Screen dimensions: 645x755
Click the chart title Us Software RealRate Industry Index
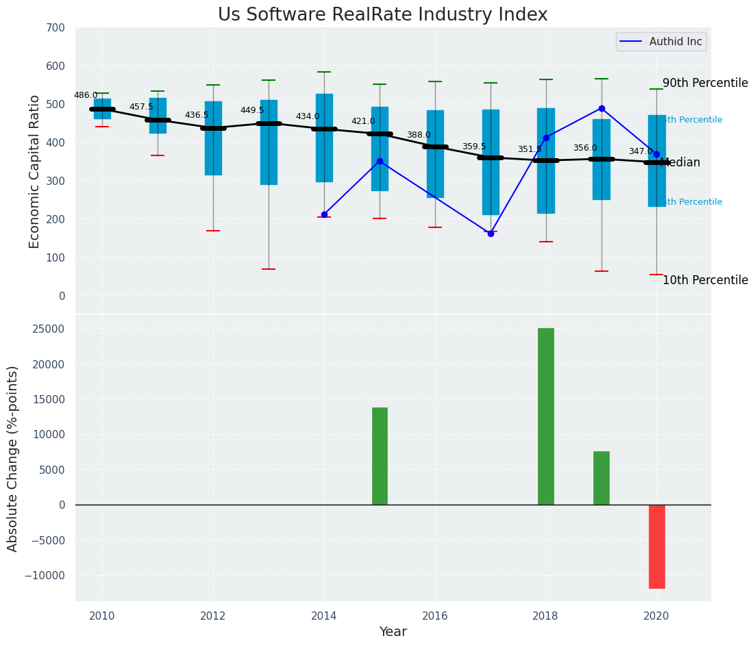coord(382,15)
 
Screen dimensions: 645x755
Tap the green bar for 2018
coord(545,416)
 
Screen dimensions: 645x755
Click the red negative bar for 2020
coord(656,546)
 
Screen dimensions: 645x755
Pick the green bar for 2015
coord(380,456)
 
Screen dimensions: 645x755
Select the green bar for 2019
coord(601,478)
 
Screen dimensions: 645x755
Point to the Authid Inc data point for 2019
coord(602,108)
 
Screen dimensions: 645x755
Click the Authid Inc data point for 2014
coord(324,214)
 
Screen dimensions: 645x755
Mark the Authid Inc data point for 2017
coord(491,233)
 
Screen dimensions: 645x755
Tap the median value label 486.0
coord(86,95)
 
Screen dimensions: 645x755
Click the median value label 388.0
coord(419,135)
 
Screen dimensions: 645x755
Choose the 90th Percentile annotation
coord(705,83)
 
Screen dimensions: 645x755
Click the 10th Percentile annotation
coord(705,280)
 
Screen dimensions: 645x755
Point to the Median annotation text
coord(680,162)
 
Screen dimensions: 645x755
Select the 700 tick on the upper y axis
coord(55,27)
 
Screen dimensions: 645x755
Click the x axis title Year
coord(393,632)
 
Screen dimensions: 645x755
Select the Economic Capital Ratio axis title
coord(35,171)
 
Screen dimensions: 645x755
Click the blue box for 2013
coord(269,142)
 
